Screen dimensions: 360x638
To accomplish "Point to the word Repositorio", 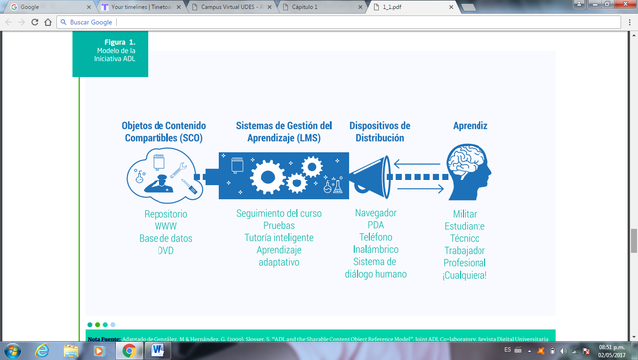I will pos(165,214).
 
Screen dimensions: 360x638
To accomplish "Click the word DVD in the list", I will pos(165,250).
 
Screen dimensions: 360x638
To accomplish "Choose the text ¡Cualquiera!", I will pos(465,274).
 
